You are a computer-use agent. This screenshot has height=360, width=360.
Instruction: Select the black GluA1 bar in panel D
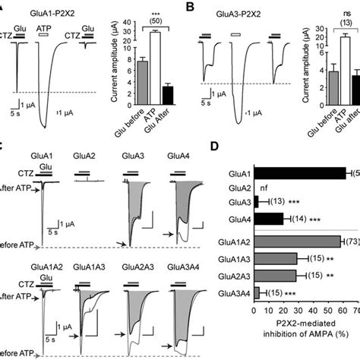click(299, 173)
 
